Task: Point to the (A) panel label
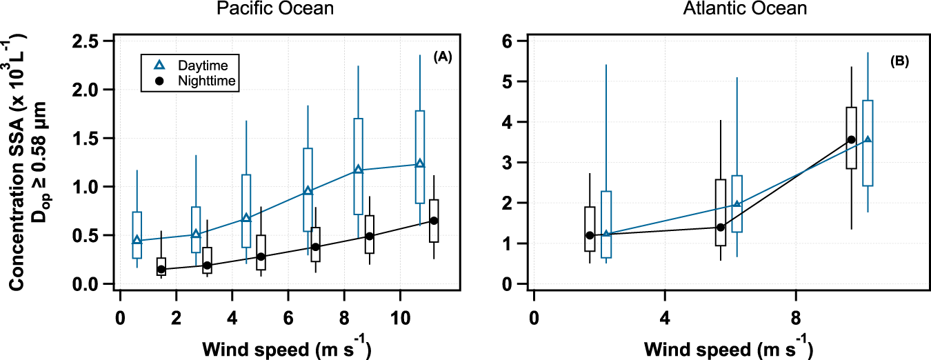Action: tap(442, 59)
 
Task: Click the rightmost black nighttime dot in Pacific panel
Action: tap(434, 221)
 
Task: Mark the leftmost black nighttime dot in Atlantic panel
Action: tap(590, 235)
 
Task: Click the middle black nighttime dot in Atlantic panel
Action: tap(721, 227)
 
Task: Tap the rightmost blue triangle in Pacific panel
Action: tap(419, 164)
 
